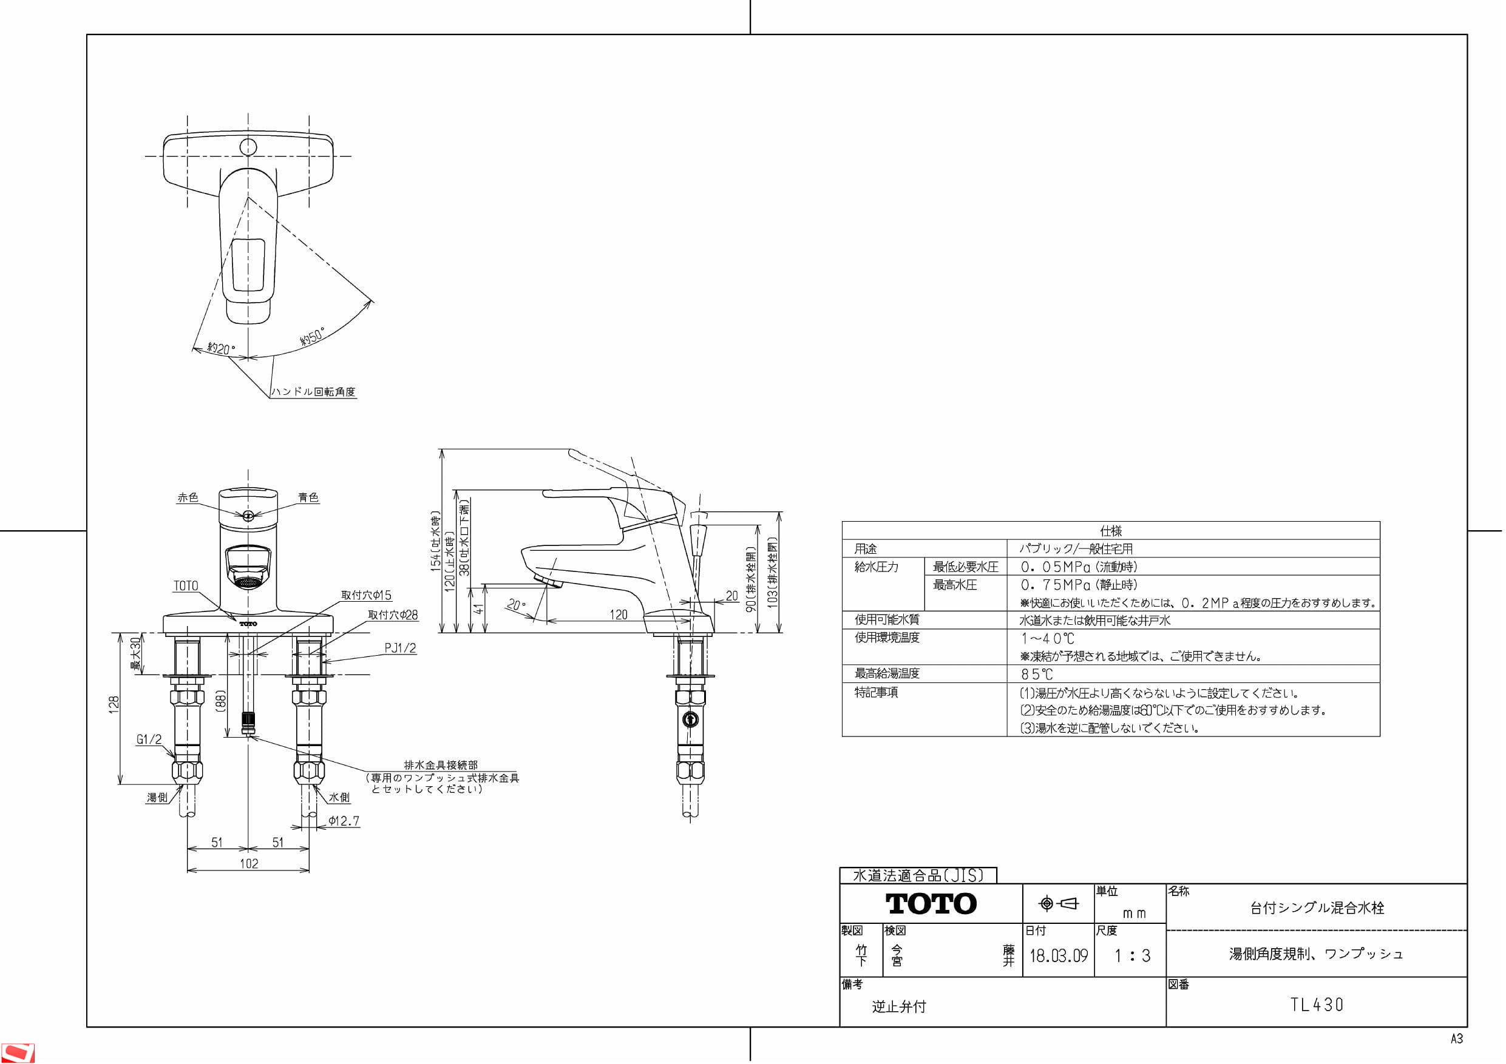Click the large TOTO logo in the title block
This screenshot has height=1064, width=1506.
(931, 904)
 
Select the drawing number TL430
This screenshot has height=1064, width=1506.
(1317, 1005)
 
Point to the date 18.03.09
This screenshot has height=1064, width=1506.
(1058, 956)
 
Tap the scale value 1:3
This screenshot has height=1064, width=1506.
(1132, 956)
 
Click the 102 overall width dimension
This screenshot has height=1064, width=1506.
(249, 863)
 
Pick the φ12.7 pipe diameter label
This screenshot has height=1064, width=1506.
(344, 821)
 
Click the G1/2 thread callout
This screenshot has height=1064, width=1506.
(149, 739)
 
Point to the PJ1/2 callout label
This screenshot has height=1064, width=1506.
(400, 648)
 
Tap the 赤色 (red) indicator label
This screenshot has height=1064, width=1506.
(188, 497)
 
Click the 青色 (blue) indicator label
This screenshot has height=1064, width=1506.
(308, 497)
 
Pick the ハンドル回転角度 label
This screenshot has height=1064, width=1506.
(314, 391)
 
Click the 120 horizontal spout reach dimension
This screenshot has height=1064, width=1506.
(619, 614)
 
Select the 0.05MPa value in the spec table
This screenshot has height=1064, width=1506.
(1056, 567)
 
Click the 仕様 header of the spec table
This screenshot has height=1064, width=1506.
(1110, 531)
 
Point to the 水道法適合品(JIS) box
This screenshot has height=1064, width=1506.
(918, 875)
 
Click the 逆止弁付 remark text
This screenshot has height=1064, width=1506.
(898, 1006)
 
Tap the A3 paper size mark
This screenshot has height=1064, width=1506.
(1456, 1039)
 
